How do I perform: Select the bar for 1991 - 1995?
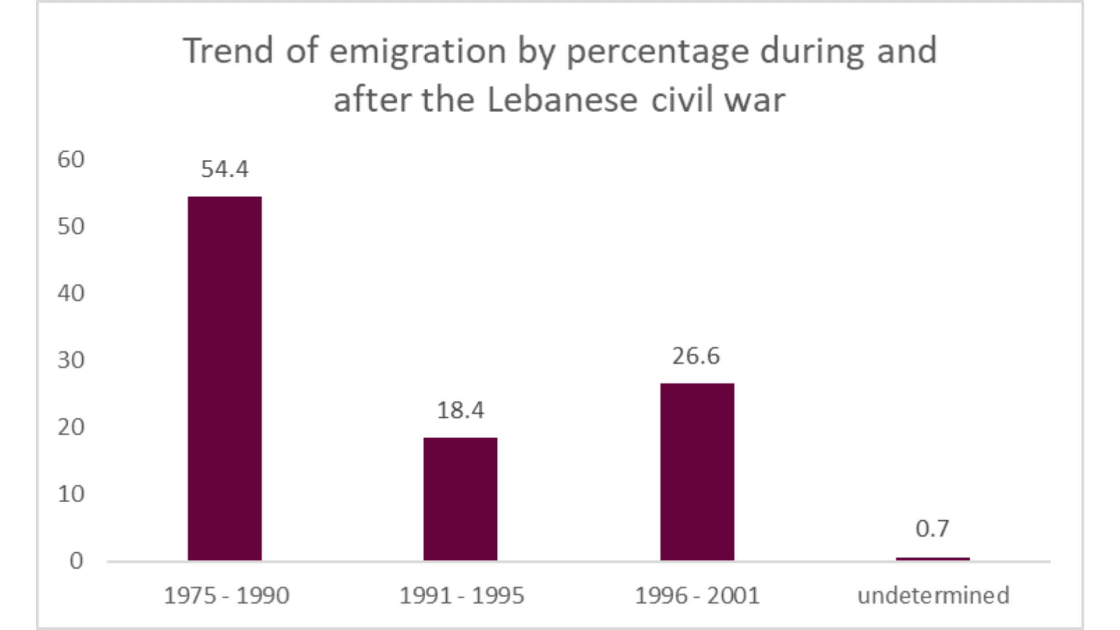pyautogui.click(x=460, y=499)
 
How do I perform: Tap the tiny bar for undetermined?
pyautogui.click(x=933, y=559)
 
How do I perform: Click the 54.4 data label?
pyautogui.click(x=225, y=169)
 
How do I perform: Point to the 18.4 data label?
pyautogui.click(x=460, y=410)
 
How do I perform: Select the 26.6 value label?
pyautogui.click(x=696, y=356)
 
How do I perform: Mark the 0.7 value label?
pyautogui.click(x=932, y=528)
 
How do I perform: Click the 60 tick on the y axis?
pyautogui.click(x=71, y=159)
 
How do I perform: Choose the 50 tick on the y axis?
pyautogui.click(x=71, y=226)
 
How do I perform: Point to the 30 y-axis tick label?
pyautogui.click(x=71, y=360)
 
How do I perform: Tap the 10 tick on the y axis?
pyautogui.click(x=71, y=494)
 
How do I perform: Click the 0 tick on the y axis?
pyautogui.click(x=76, y=561)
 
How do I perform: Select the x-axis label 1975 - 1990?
pyautogui.click(x=226, y=596)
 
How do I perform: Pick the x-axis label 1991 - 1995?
pyautogui.click(x=461, y=596)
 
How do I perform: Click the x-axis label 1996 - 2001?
pyautogui.click(x=697, y=596)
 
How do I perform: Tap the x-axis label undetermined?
pyautogui.click(x=933, y=596)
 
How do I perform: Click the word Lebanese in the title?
pyautogui.click(x=562, y=100)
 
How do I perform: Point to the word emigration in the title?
pyautogui.click(x=418, y=51)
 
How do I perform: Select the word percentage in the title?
pyautogui.click(x=657, y=51)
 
